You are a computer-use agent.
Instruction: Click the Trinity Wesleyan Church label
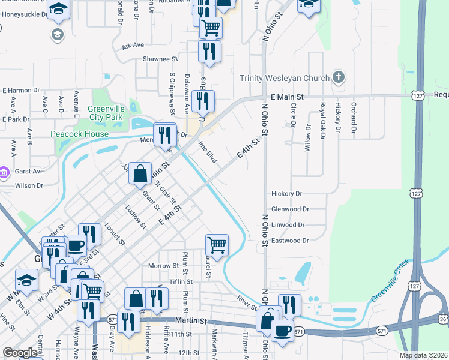click(285, 78)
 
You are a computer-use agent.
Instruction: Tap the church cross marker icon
click(339, 77)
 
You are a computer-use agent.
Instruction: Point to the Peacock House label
click(79, 134)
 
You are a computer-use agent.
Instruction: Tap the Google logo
click(20, 353)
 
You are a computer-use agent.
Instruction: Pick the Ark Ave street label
click(133, 45)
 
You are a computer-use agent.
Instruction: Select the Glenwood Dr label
click(290, 209)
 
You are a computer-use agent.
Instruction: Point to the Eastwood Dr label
click(290, 240)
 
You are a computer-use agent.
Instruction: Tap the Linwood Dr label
click(289, 224)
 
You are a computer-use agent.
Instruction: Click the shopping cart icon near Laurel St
click(217, 244)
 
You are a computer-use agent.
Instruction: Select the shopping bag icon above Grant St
click(140, 173)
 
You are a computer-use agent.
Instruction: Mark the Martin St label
click(190, 321)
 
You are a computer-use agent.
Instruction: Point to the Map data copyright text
click(424, 355)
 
